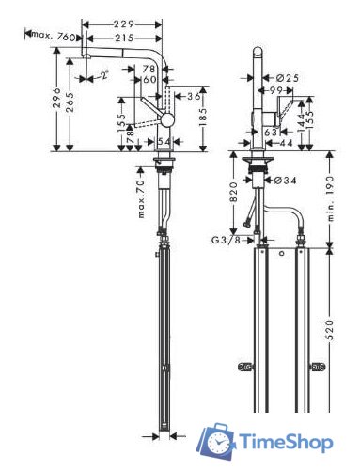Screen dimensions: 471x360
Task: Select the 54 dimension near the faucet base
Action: [164, 140]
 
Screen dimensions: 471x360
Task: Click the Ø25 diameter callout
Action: [290, 77]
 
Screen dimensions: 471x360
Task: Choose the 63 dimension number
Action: [272, 133]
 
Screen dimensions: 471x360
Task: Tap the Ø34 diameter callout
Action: [288, 179]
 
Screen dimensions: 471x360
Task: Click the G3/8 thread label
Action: [226, 240]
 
